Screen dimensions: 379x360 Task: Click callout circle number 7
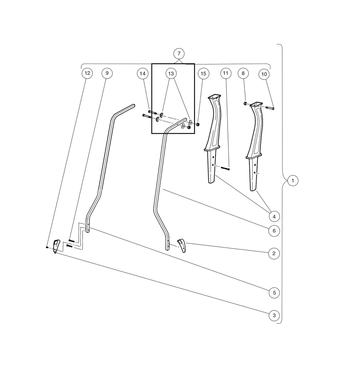(179, 54)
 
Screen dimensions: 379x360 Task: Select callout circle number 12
(87, 73)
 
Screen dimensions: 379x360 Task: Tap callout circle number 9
(107, 73)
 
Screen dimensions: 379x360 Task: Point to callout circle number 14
(143, 74)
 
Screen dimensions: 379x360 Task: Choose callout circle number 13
(171, 74)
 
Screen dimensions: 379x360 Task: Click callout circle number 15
(203, 74)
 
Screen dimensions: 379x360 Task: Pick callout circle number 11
(226, 73)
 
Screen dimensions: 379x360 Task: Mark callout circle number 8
(243, 73)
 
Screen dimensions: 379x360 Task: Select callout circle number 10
(264, 74)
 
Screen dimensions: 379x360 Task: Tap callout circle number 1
(293, 181)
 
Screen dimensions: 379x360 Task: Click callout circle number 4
(274, 216)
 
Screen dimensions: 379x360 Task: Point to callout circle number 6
(274, 231)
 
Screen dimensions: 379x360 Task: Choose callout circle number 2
(274, 254)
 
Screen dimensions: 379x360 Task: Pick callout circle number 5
(274, 292)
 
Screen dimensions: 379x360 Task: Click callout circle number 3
(274, 316)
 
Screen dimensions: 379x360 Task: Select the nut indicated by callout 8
(245, 103)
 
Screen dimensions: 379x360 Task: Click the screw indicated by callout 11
(226, 169)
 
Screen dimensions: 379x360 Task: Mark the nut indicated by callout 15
(198, 124)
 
